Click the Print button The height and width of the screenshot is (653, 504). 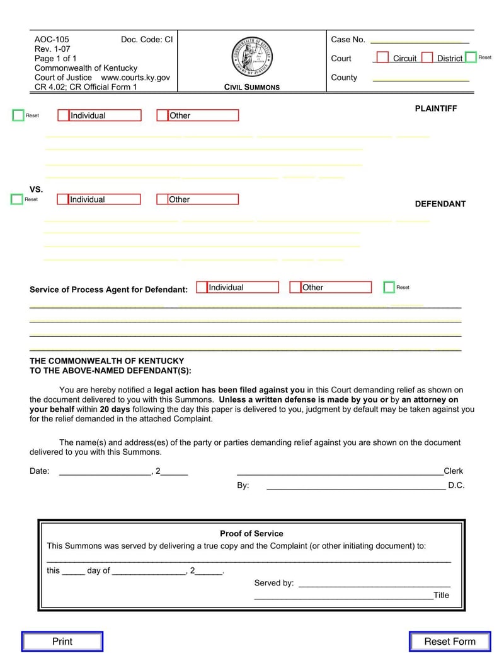tap(62, 641)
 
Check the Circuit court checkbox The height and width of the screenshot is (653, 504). tap(382, 57)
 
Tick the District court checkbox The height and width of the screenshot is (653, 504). tap(427, 57)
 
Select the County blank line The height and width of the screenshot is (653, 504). tap(421, 79)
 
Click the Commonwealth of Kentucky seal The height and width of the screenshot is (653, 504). tap(252, 56)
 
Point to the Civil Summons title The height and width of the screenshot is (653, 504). tap(252, 87)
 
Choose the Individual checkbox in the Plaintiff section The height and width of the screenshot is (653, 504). tap(64, 115)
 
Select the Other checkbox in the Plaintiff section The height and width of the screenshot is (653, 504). tap(163, 115)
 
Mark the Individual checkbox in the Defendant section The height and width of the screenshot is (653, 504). tap(63, 199)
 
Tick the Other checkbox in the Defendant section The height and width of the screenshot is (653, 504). tap(162, 199)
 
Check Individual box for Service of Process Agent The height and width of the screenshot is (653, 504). tap(202, 287)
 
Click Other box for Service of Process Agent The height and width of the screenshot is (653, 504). tap(295, 287)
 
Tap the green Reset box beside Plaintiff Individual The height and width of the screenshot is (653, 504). tap(18, 115)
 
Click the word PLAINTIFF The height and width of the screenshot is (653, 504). tap(436, 109)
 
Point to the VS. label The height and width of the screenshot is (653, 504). tap(37, 189)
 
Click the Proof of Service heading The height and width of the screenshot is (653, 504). tap(251, 533)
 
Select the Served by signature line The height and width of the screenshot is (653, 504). tap(374, 584)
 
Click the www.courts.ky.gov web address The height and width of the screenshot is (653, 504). tap(135, 78)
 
